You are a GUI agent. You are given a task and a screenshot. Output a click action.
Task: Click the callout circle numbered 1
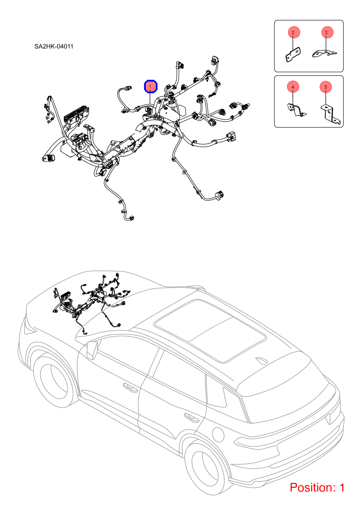pyautogui.click(x=151, y=87)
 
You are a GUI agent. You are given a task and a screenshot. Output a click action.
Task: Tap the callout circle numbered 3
pyautogui.click(x=327, y=32)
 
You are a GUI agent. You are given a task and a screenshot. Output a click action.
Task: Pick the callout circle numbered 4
pyautogui.click(x=293, y=87)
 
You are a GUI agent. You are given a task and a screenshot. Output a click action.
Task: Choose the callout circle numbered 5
pyautogui.click(x=325, y=87)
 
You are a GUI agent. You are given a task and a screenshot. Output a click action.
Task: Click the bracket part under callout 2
pyautogui.click(x=293, y=55)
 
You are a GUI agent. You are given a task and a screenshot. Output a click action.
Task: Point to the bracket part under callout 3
pyautogui.click(x=324, y=54)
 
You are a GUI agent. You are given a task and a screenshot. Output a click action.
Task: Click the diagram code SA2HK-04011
pyautogui.click(x=54, y=46)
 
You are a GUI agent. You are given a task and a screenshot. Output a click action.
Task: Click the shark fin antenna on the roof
pyautogui.click(x=261, y=360)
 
